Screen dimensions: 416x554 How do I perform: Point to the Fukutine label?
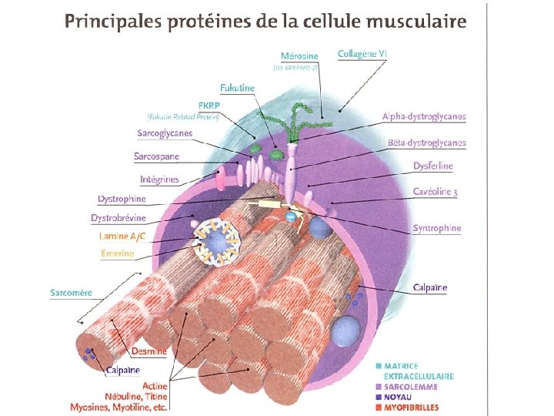237,89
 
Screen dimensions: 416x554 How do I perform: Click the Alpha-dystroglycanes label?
424,117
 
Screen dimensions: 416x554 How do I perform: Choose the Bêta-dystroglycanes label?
427,143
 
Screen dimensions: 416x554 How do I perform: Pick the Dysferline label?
433,166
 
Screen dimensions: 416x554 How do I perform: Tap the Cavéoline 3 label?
435,192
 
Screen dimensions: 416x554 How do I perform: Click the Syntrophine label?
437,228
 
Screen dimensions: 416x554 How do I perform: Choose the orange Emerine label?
117,253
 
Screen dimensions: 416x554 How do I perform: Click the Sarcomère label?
72,293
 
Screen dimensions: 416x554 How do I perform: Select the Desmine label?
149,351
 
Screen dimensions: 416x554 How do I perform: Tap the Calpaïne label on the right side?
429,288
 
